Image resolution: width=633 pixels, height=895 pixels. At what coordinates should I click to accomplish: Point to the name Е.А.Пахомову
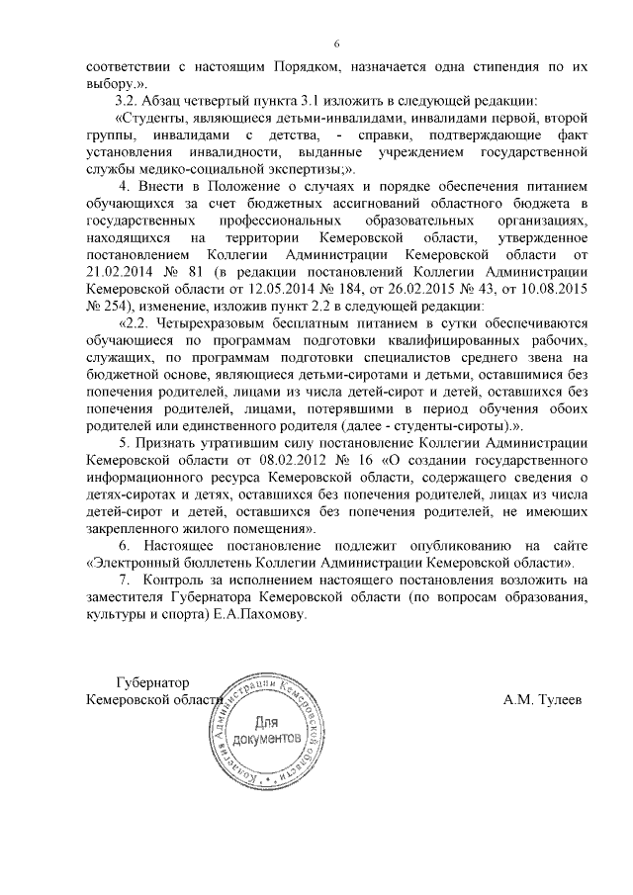coord(260,613)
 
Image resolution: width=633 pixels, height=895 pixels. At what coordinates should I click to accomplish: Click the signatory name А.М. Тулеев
coord(542,700)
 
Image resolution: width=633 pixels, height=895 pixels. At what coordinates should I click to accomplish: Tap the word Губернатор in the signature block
coord(152,683)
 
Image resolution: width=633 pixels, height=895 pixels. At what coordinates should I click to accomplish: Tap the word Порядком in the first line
coord(332,67)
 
